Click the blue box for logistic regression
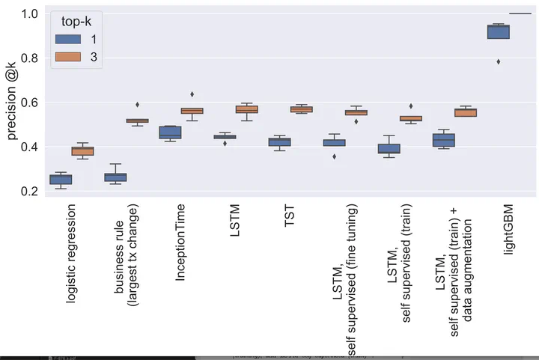(61, 180)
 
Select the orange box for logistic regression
(82, 151)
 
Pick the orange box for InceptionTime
(192, 111)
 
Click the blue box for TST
(279, 142)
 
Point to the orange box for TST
(301, 109)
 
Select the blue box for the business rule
(115, 177)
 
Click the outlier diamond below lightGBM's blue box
(498, 61)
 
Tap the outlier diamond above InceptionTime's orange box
(192, 94)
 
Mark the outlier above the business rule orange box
(137, 105)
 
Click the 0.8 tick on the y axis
(31, 58)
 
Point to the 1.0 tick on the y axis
(31, 13)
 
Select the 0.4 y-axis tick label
(31, 147)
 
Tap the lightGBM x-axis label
(508, 231)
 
